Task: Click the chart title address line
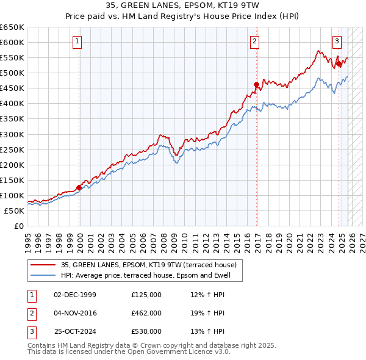(182, 6)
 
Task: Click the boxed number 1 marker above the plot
(79, 41)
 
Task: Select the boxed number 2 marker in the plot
(254, 41)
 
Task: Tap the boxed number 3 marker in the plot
(337, 41)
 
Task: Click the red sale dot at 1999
(79, 187)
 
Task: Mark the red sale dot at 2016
(256, 84)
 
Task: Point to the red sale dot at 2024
(339, 63)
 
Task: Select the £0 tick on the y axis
(18, 226)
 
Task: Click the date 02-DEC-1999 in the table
(75, 295)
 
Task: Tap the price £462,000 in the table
(146, 313)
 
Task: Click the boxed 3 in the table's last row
(31, 331)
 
